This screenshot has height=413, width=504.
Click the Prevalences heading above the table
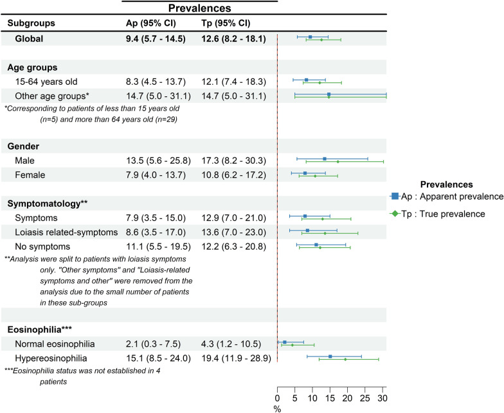tap(199, 8)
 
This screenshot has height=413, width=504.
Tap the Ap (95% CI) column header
tap(152, 23)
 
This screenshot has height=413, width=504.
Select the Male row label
tap(25, 159)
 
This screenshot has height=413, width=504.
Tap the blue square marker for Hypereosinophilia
tap(330, 356)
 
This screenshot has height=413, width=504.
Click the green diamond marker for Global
tap(321, 40)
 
